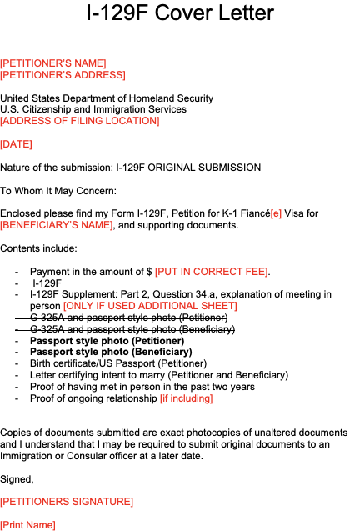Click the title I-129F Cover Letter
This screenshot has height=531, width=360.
coord(180,13)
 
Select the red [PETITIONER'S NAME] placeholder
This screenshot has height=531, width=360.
coord(53,63)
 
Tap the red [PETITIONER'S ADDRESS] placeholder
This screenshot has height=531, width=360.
coord(62,75)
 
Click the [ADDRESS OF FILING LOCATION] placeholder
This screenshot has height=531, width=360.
coord(80,121)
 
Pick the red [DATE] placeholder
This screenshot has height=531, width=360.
coord(17,144)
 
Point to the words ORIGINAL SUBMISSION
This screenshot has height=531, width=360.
coord(204,168)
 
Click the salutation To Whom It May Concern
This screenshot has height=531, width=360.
coord(58,191)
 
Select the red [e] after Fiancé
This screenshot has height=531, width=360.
coord(276,213)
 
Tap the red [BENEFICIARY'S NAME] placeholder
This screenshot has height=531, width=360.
coord(57,225)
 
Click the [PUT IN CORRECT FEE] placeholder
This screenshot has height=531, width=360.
coord(212,272)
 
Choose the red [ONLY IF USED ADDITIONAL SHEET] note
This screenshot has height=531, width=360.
coord(150,306)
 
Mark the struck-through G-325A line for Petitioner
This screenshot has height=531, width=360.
coord(121,318)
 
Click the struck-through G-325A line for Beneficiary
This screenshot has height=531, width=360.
coord(125,329)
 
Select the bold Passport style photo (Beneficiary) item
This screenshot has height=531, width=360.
coord(111,352)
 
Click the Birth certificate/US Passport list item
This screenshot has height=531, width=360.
coord(118,363)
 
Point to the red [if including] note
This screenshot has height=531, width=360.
coord(187,398)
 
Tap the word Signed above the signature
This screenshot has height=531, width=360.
coord(17,479)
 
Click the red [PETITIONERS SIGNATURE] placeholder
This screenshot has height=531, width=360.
coord(67,502)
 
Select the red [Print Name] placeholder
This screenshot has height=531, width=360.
coord(27,525)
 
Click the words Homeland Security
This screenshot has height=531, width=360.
coord(171,98)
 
